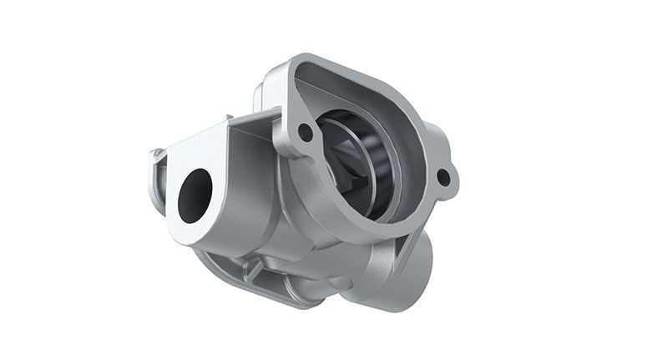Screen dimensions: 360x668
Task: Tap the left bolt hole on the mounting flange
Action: tap(305, 132)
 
